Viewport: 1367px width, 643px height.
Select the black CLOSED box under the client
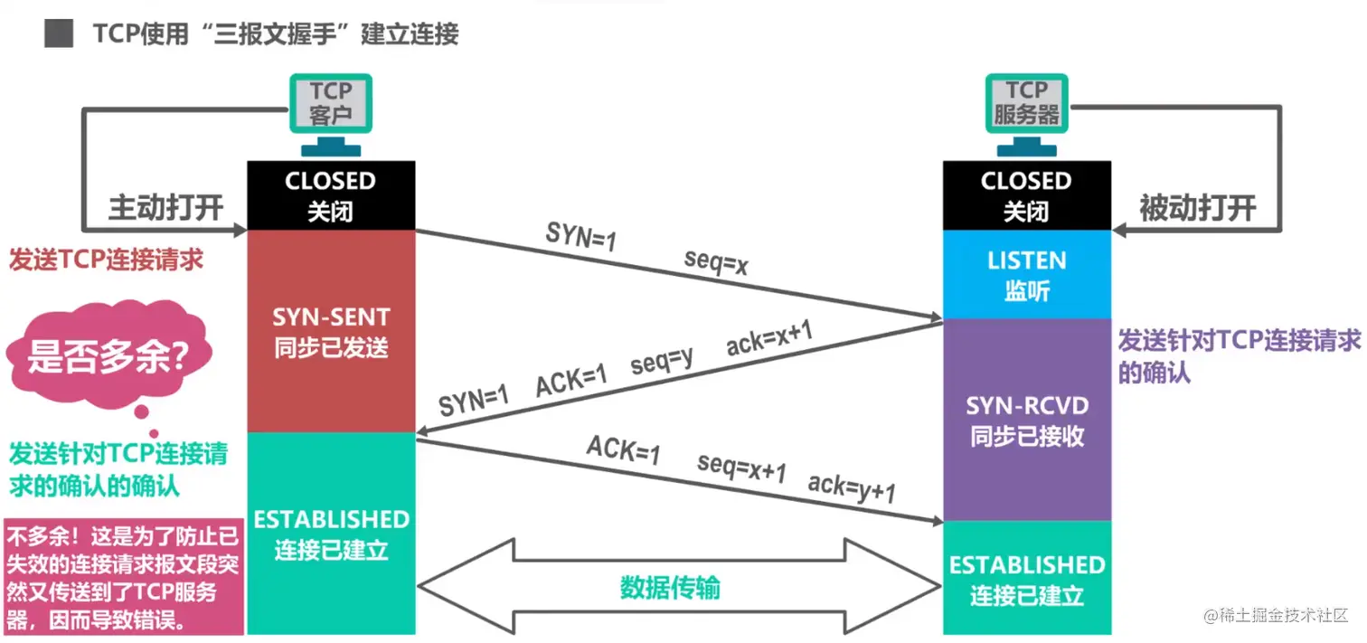pos(330,195)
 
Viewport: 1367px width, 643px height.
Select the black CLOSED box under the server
pos(1026,195)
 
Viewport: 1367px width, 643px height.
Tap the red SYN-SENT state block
pos(330,331)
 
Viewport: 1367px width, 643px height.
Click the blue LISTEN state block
pos(1026,274)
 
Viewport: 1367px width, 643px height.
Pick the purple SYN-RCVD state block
pos(1026,419)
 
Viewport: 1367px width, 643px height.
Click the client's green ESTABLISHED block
pos(330,534)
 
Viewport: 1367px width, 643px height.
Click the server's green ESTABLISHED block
pos(1026,579)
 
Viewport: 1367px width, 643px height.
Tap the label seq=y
pos(662,363)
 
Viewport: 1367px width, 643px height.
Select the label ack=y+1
pos(852,487)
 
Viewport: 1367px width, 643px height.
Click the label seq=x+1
pos(741,468)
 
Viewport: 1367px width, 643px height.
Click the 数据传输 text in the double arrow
pos(670,588)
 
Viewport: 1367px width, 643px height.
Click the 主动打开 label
pos(165,207)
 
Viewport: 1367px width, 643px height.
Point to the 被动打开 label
pos(1198,208)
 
